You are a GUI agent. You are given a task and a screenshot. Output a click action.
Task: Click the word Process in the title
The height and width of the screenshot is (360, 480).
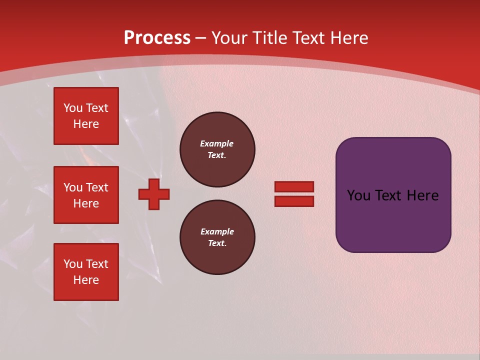click(157, 37)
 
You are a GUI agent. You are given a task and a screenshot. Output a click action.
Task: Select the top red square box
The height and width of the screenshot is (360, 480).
click(86, 116)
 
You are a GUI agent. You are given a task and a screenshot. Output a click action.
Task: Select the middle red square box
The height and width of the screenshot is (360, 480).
click(86, 195)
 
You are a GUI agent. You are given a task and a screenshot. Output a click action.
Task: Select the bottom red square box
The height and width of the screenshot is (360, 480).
click(86, 272)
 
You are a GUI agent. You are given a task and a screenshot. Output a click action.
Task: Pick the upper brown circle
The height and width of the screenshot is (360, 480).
click(217, 149)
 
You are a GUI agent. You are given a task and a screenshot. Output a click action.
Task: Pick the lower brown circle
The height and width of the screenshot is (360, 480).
click(217, 237)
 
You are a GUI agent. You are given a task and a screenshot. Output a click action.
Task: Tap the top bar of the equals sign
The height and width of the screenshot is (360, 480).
click(294, 187)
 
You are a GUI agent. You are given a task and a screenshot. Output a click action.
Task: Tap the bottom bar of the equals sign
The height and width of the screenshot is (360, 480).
click(294, 201)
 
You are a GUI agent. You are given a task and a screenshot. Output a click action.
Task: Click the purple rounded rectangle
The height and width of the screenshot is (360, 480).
click(393, 220)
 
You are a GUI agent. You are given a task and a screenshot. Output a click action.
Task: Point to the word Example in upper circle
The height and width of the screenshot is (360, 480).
click(216, 143)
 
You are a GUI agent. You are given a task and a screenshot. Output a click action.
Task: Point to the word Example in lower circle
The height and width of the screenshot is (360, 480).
click(217, 231)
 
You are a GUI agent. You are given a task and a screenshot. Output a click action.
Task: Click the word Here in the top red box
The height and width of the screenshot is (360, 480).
click(86, 124)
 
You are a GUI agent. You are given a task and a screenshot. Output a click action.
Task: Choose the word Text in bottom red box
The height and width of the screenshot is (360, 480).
click(97, 264)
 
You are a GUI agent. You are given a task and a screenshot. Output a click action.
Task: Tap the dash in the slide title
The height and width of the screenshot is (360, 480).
click(200, 37)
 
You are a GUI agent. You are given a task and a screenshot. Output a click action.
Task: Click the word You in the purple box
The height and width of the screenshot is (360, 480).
click(358, 195)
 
